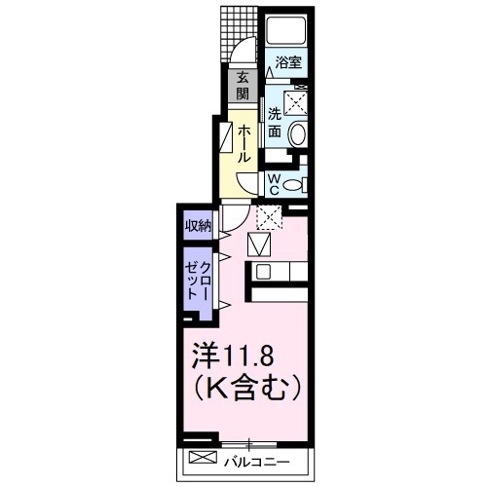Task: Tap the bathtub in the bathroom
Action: (286, 30)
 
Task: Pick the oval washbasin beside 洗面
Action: (299, 134)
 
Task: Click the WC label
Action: (274, 183)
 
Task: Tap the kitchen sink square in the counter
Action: (261, 243)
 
